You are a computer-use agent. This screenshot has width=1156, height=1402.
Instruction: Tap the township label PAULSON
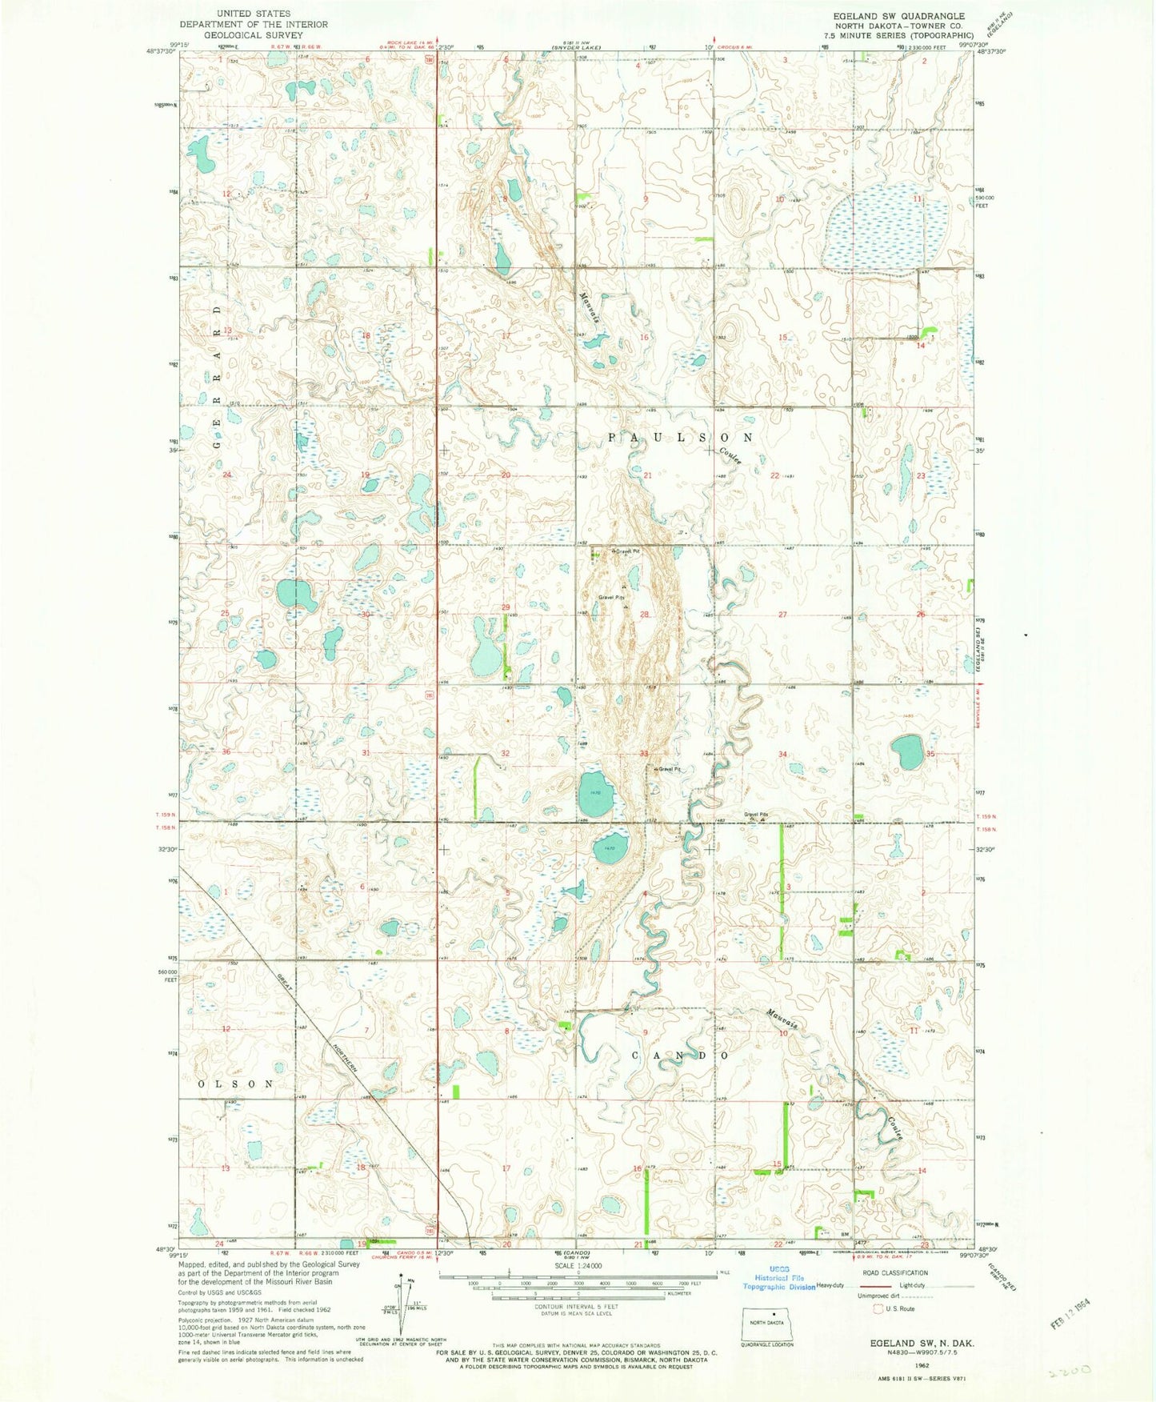point(680,438)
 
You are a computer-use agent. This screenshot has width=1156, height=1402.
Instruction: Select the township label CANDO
point(681,1056)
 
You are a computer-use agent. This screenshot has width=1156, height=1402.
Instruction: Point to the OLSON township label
point(236,1084)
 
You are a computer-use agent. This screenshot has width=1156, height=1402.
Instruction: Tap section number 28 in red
point(643,615)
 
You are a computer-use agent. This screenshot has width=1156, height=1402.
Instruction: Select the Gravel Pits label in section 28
point(611,598)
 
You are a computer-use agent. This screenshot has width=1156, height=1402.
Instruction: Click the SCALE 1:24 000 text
point(572,1266)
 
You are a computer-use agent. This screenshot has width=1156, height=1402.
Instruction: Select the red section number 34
point(782,755)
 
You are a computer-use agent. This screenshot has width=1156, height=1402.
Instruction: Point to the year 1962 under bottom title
point(921,1367)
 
